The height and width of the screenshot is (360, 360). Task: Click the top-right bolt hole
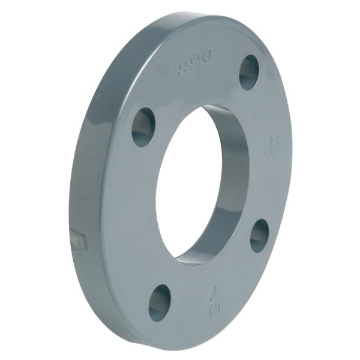click(x=248, y=73)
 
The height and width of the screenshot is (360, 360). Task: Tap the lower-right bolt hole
click(x=259, y=235)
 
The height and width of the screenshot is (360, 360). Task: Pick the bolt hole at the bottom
click(x=160, y=302)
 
